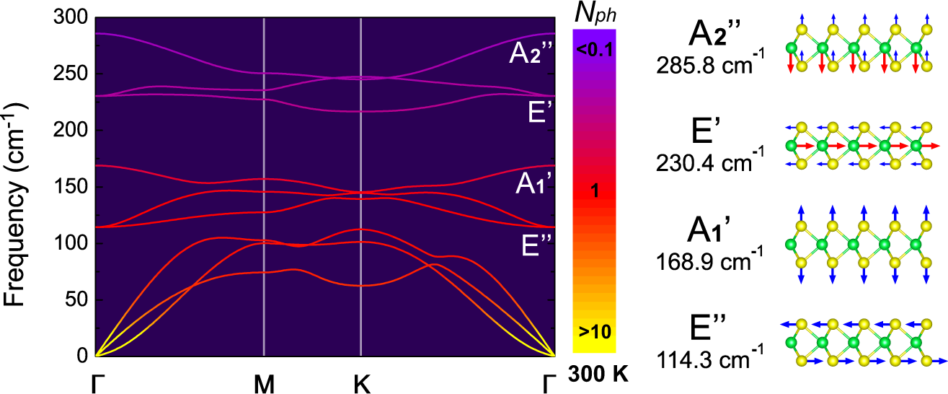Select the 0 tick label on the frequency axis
(81, 356)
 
